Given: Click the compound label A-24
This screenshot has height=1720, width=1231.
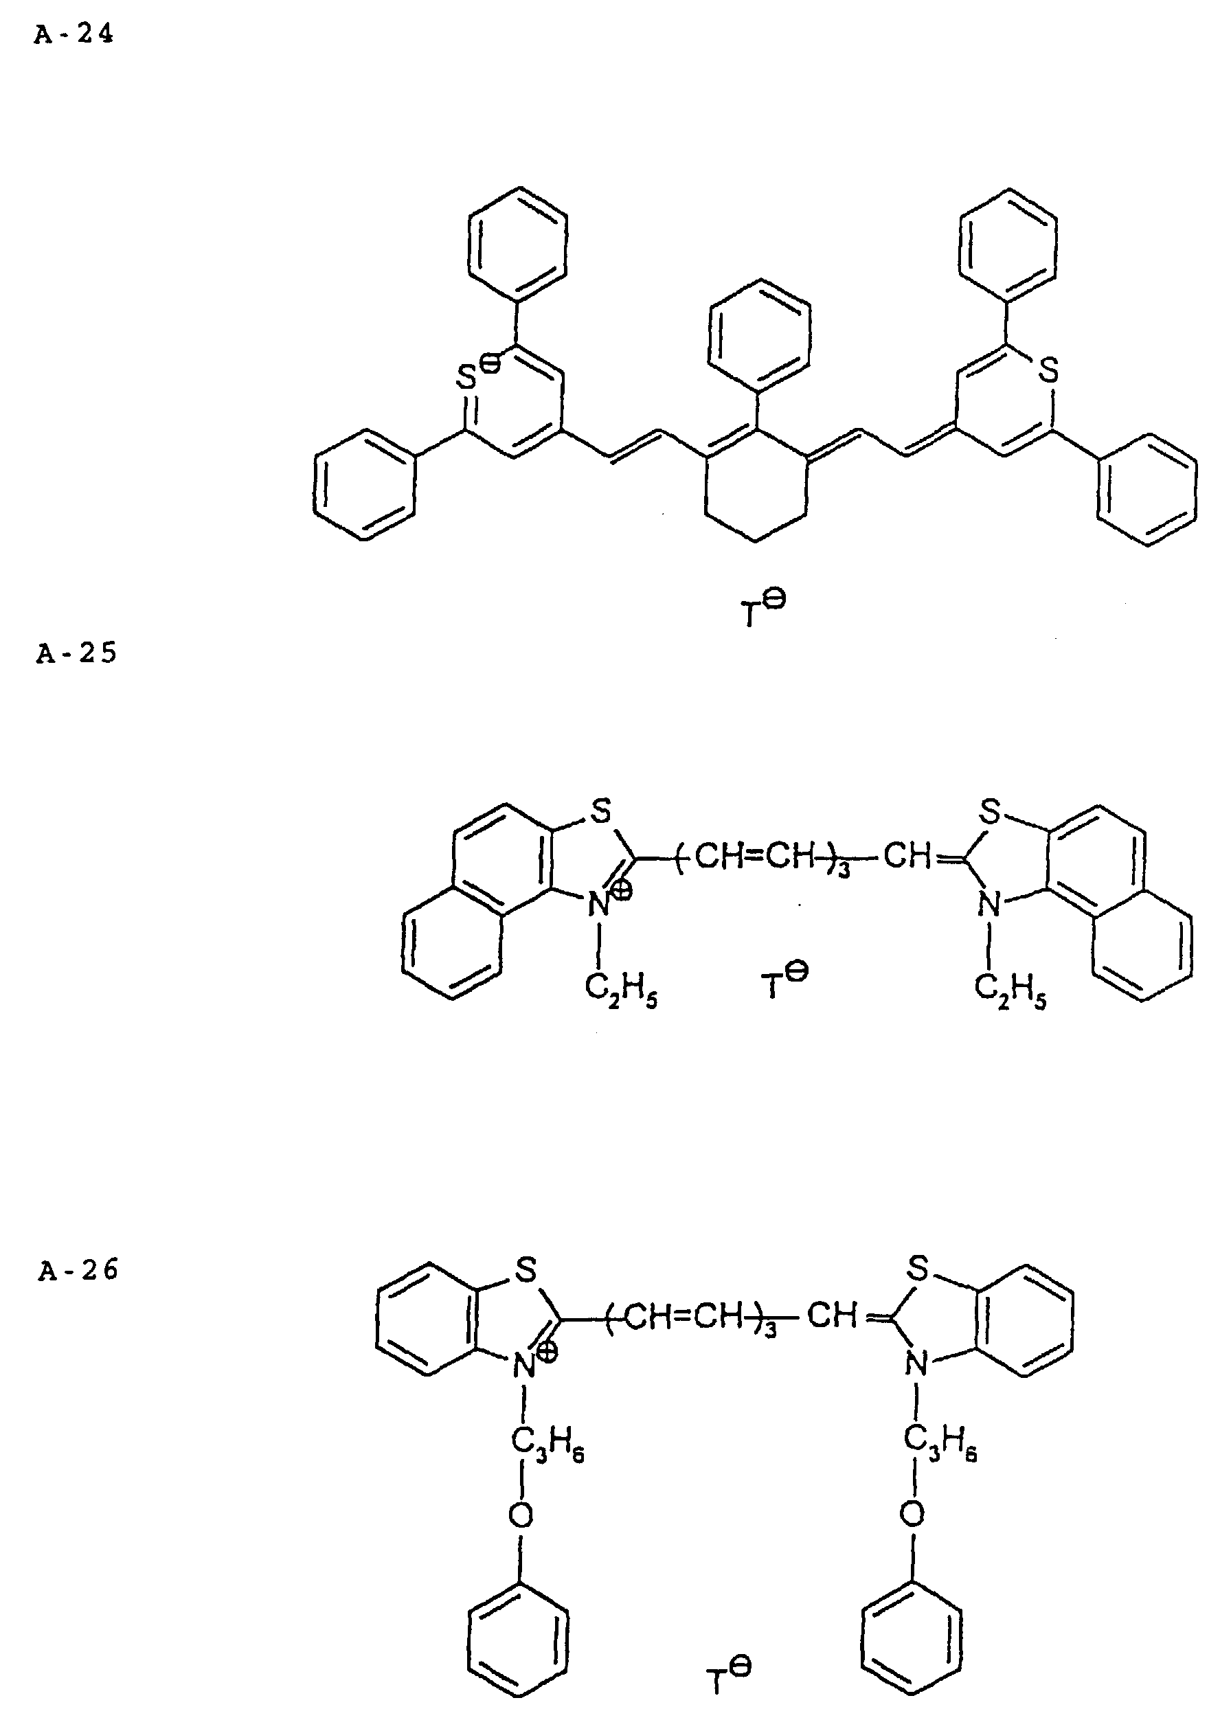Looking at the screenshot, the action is [x=74, y=35].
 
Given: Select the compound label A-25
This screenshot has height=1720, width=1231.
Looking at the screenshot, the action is [x=76, y=653].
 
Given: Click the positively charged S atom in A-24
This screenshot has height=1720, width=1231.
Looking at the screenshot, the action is [x=467, y=378].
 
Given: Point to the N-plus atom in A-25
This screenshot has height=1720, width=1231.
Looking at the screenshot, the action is [x=600, y=905].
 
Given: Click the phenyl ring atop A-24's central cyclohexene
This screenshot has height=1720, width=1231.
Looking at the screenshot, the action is [x=757, y=335].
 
